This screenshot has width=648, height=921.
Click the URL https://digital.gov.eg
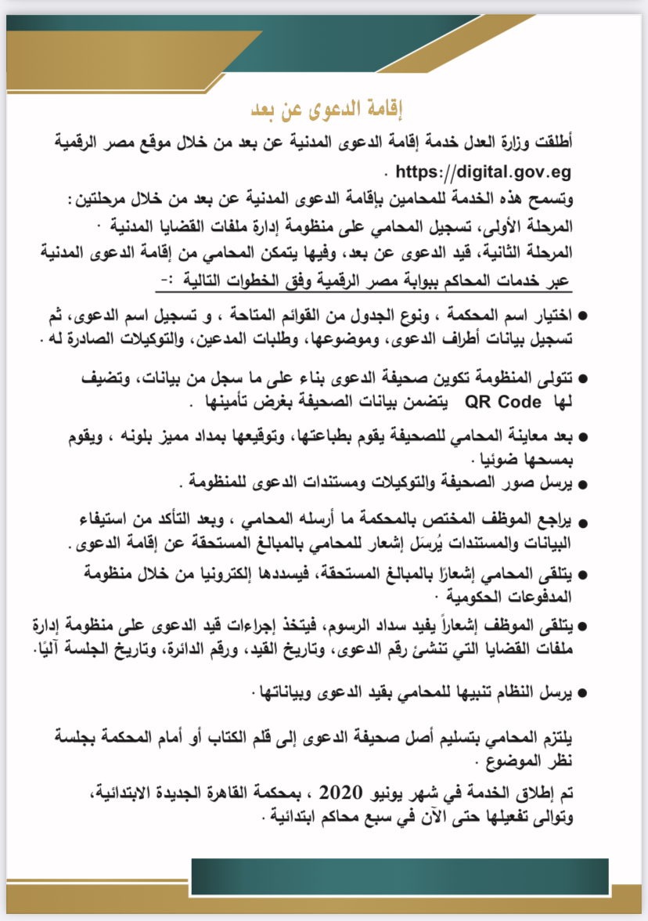click(484, 172)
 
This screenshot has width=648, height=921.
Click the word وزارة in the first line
click(534, 144)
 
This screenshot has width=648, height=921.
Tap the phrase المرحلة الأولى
click(538, 227)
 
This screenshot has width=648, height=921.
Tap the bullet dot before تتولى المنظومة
click(581, 380)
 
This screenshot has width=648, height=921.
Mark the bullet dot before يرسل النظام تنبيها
click(581, 692)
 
